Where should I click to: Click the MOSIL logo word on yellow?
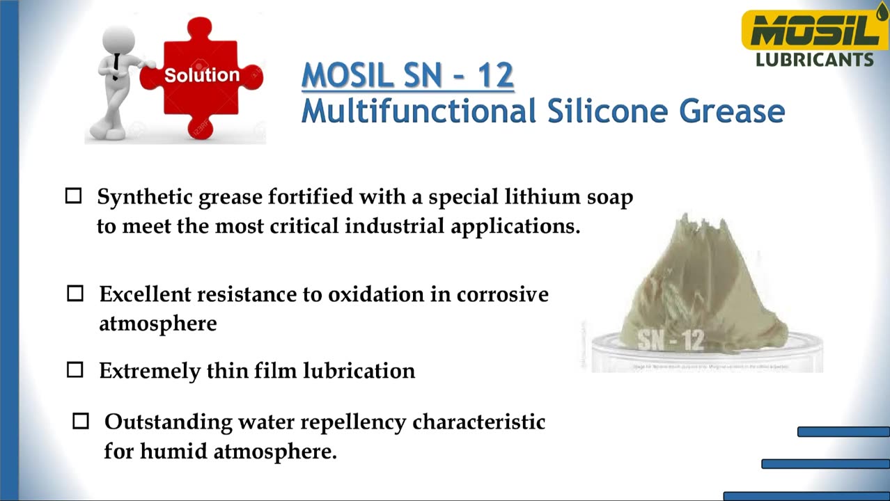coord(811,31)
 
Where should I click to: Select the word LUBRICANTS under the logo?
coord(814,60)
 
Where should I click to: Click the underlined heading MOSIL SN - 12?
coord(407,76)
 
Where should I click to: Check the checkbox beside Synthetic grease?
coord(73,196)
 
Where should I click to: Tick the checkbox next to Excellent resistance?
coord(75,294)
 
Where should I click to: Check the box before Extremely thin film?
coord(75,370)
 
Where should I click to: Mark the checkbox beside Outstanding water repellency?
coord(81,421)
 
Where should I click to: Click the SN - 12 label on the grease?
coord(671,340)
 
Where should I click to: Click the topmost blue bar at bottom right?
coord(843,432)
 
